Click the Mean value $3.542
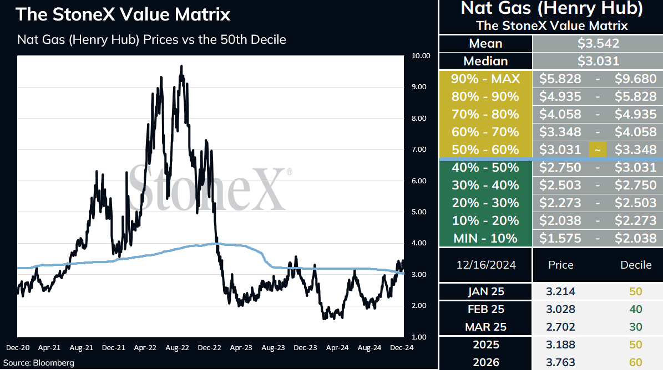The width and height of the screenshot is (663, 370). (x=598, y=43)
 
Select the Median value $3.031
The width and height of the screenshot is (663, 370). (x=598, y=61)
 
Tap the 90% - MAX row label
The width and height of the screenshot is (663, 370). (x=485, y=79)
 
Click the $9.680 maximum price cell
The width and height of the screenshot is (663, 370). (x=635, y=79)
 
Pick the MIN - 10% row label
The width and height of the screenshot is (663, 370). (x=485, y=238)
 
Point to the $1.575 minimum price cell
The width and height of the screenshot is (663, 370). (x=560, y=238)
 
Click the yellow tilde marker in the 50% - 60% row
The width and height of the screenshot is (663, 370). (x=598, y=150)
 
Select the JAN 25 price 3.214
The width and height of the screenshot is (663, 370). (x=561, y=291)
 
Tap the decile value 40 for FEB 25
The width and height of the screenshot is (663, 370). (x=635, y=309)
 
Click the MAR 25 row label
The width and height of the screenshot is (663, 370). (x=486, y=327)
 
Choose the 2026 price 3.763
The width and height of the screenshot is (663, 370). (x=561, y=362)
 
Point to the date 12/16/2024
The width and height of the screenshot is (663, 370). (x=486, y=265)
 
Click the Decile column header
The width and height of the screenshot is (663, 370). (x=636, y=265)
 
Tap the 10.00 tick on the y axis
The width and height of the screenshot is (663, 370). (x=421, y=56)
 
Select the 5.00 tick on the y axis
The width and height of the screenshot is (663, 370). (x=419, y=212)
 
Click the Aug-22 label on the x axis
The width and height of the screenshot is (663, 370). (x=177, y=348)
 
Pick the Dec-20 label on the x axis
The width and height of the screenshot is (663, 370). (x=18, y=348)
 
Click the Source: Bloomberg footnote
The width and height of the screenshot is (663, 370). (x=38, y=363)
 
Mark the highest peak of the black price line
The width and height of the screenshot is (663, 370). (x=181, y=66)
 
